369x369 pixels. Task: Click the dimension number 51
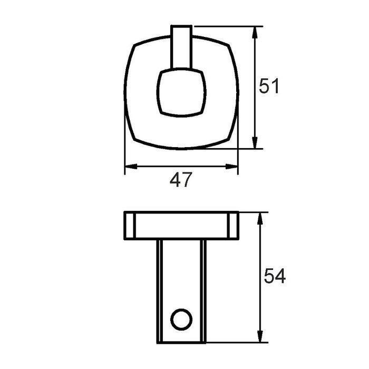268,86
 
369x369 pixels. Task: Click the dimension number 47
181,180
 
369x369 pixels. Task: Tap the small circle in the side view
181,319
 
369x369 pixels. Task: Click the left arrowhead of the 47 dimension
131,167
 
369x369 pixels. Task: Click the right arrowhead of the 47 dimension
231,167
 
